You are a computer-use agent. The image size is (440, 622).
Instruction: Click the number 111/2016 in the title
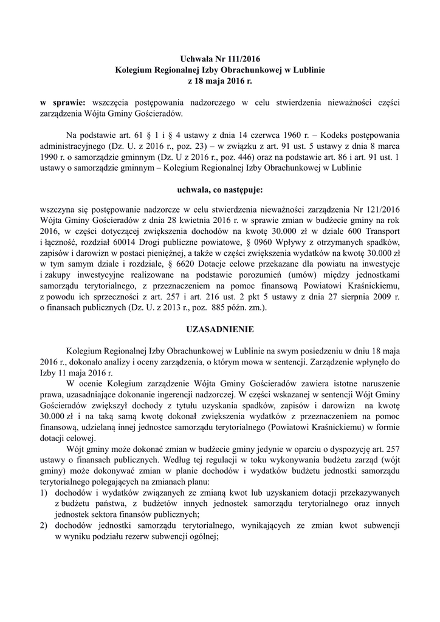point(242,59)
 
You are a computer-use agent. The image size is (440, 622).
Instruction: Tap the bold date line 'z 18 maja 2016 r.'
point(220,81)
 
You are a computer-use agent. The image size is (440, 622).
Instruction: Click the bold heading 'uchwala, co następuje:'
point(220,190)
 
